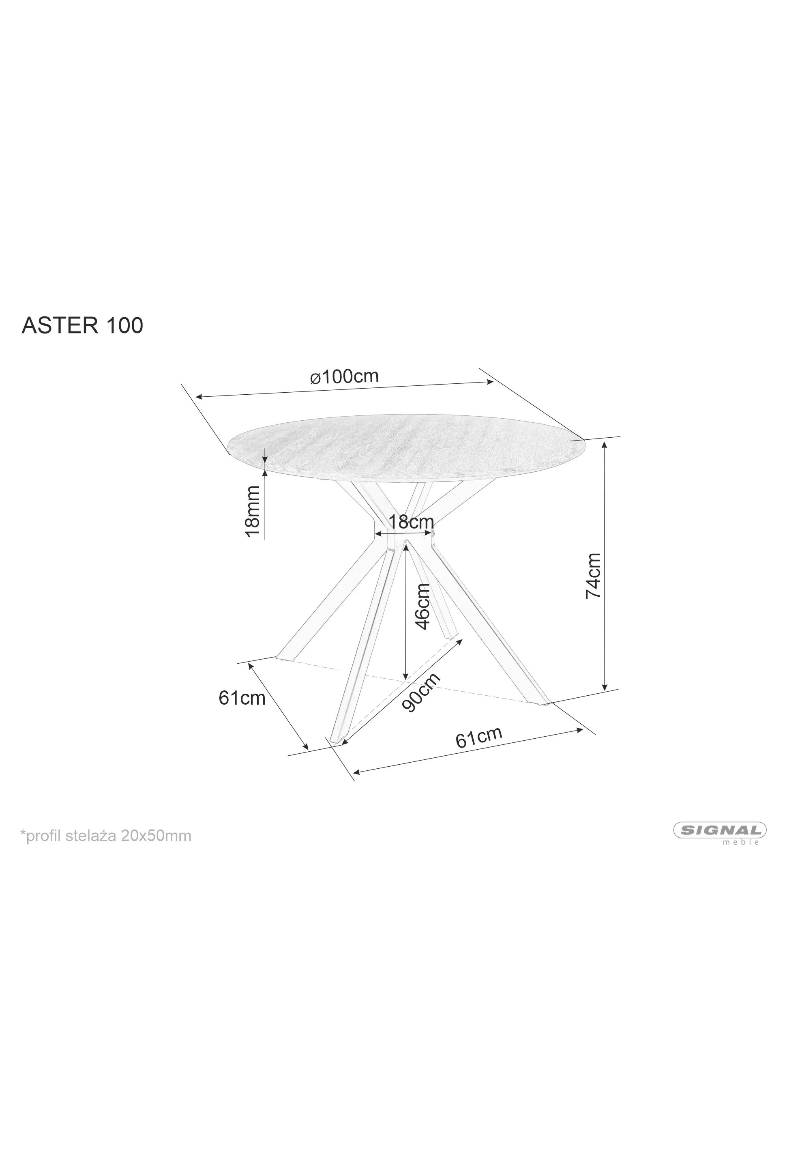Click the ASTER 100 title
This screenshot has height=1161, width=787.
[x=82, y=325]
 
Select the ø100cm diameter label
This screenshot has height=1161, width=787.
[x=345, y=376]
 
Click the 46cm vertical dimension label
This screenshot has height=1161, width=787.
[x=422, y=606]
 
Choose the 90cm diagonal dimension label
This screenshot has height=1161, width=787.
[x=421, y=692]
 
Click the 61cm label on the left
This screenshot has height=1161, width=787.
[x=242, y=698]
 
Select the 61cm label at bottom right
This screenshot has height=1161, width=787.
[x=478, y=738]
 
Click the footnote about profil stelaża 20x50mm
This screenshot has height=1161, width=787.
[x=105, y=836]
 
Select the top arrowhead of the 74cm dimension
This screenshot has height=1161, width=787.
[x=605, y=446]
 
